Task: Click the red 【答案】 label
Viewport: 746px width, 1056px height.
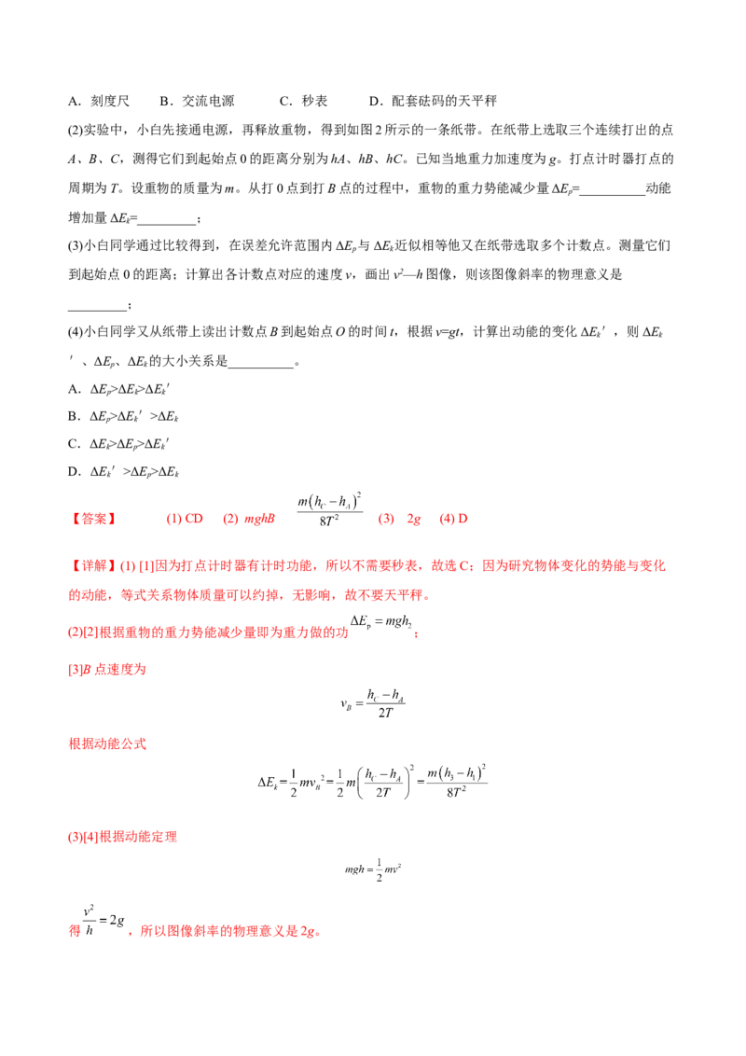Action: tap(93, 521)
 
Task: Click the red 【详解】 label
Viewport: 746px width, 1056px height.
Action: tap(93, 565)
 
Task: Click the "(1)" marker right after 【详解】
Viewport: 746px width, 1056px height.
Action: tap(129, 565)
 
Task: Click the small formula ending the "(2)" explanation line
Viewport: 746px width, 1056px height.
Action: tap(383, 627)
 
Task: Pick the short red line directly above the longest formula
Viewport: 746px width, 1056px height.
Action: tap(108, 745)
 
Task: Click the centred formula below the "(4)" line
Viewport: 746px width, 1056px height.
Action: tap(374, 869)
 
